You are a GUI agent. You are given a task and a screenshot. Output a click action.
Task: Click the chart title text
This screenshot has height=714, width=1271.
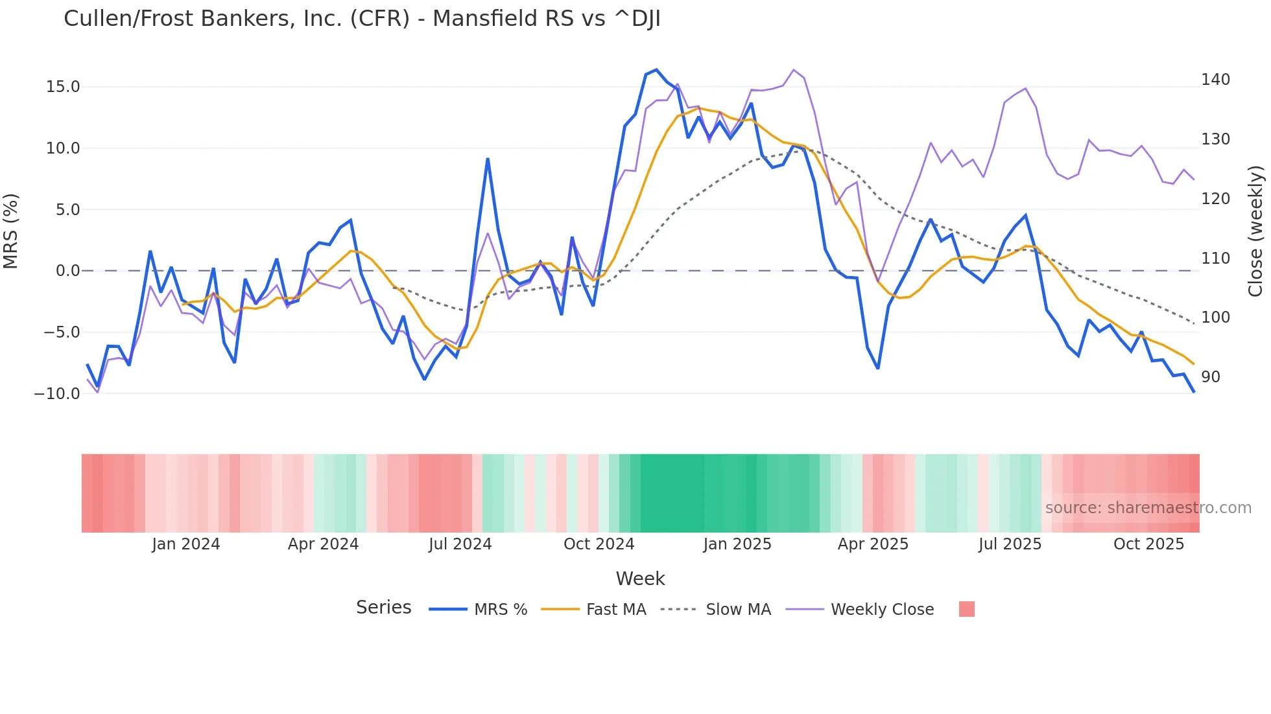(x=362, y=19)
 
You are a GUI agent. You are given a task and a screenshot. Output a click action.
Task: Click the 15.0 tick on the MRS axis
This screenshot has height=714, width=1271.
(x=63, y=87)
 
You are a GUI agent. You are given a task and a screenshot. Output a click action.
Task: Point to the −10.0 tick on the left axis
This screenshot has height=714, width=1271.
(x=57, y=394)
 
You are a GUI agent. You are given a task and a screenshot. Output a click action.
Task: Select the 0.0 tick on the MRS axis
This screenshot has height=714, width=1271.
(x=68, y=271)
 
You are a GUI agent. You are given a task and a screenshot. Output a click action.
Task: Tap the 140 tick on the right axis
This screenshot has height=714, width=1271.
(x=1215, y=80)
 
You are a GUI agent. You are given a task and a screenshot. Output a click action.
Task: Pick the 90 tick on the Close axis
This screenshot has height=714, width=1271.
(x=1211, y=377)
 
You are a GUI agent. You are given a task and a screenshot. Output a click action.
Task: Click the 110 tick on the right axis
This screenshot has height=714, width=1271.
(x=1215, y=259)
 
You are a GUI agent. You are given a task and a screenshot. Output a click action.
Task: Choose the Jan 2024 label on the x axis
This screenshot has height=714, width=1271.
(x=186, y=544)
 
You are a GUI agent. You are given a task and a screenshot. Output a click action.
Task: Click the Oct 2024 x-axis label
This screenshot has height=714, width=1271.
(x=599, y=544)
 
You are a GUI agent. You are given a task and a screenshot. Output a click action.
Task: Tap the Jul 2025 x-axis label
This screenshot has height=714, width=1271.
(x=1010, y=544)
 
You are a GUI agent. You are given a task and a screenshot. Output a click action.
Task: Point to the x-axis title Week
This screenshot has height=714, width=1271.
(x=640, y=579)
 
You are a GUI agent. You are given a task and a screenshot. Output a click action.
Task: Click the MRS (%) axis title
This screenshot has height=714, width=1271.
(x=11, y=231)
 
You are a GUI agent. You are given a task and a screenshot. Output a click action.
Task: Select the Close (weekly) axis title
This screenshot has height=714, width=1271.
(x=1255, y=231)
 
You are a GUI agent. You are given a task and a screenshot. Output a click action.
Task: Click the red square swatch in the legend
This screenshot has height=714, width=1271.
(x=966, y=609)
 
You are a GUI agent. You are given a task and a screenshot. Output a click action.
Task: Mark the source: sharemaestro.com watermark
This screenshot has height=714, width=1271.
(x=1148, y=508)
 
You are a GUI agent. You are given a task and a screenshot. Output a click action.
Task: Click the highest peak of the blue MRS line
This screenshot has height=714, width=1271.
(x=656, y=69)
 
